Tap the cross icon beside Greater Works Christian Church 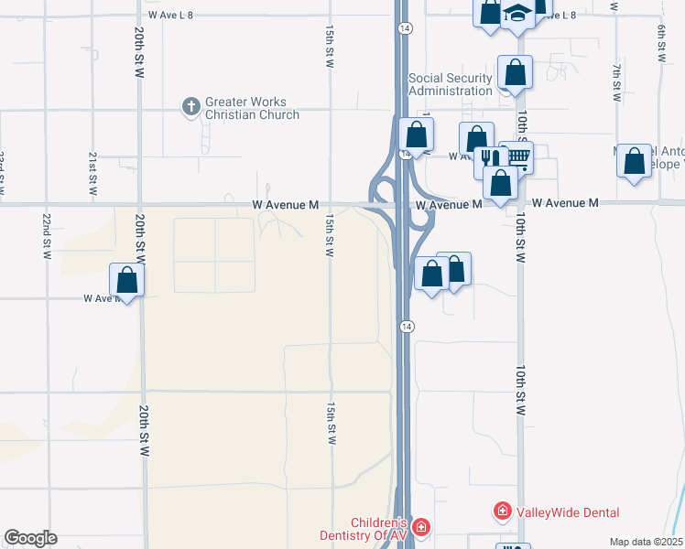pyautogui.click(x=191, y=108)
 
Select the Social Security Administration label pyautogui.click(x=451, y=85)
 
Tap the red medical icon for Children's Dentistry pyautogui.click(x=420, y=526)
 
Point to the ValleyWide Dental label pyautogui.click(x=568, y=512)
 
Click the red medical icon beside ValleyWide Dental pyautogui.click(x=502, y=511)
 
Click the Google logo pyautogui.click(x=30, y=538)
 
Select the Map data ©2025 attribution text pyautogui.click(x=647, y=542)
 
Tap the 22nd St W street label pyautogui.click(x=45, y=236)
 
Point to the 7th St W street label pyautogui.click(x=617, y=82)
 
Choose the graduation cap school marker pyautogui.click(x=518, y=13)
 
